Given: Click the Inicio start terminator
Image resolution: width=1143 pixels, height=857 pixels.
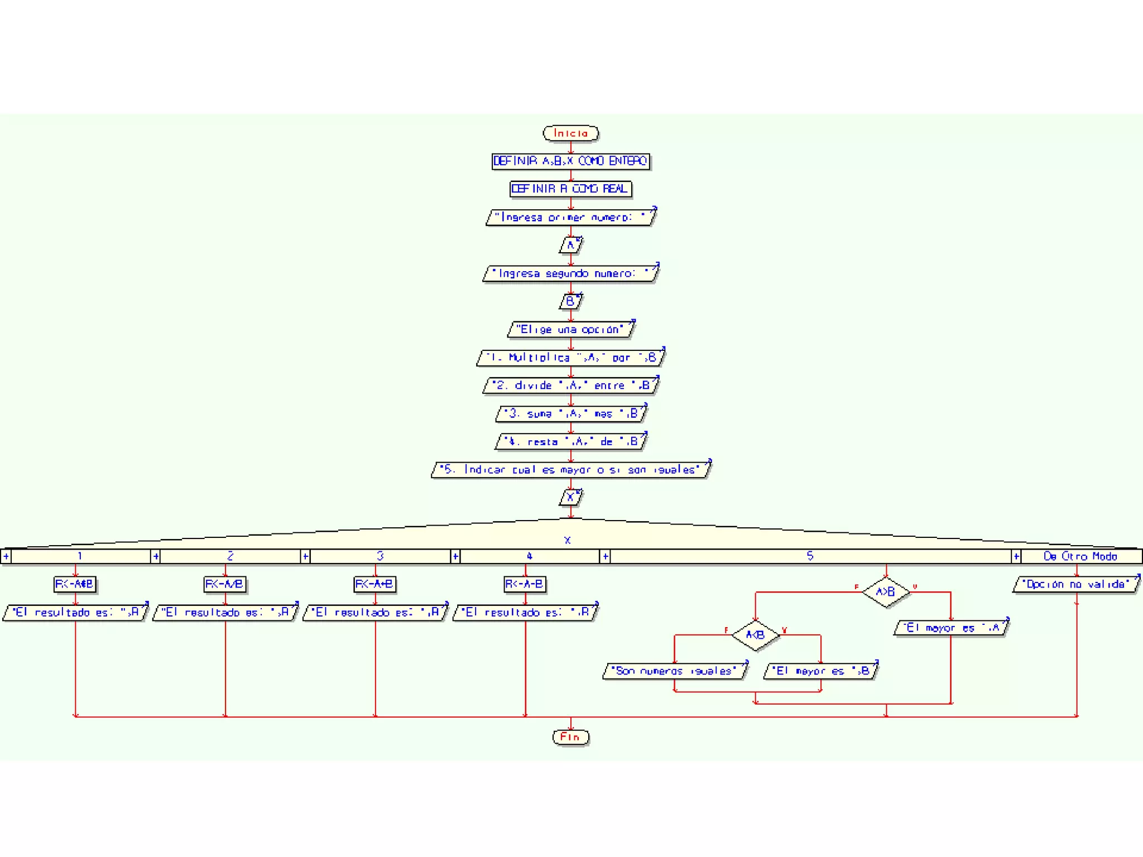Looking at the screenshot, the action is coord(570,133).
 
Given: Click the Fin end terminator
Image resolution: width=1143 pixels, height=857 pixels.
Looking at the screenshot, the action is coord(570,737).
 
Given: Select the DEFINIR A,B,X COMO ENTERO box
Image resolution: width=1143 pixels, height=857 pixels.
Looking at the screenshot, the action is coord(570,161).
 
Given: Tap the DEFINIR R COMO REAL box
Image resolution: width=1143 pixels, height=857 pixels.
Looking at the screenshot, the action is coord(570,189).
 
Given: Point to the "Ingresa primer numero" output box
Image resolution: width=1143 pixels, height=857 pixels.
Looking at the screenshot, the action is coord(570,217).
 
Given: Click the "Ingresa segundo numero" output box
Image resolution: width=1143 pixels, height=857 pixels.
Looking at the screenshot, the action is coord(570,273).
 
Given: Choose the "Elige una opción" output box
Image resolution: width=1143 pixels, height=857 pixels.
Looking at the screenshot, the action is coord(570,330).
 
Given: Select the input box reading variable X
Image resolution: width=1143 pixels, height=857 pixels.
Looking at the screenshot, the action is coord(570,497).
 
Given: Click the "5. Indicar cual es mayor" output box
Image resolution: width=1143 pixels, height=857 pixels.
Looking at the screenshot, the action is coord(570,470).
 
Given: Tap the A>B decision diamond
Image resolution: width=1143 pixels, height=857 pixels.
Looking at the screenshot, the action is coord(886,592).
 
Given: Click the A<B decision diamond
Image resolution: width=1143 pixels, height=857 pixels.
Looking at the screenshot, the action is coord(755,635).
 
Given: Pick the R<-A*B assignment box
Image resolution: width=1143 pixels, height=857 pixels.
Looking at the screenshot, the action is coord(75,584).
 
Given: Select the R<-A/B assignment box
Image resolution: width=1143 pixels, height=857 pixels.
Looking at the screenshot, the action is coord(225,584).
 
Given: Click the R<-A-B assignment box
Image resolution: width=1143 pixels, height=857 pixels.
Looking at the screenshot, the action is coord(525,584).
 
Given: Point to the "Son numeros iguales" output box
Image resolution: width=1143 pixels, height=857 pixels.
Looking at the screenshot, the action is coord(675,671).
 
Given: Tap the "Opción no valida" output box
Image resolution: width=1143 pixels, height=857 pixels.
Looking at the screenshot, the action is coord(1076,584).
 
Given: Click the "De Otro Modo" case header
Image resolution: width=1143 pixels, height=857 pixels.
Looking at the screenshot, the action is coord(1080,556).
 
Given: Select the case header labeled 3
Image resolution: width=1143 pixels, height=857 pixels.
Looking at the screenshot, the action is coord(380,556).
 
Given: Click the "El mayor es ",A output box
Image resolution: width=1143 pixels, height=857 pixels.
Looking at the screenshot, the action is coord(951,628).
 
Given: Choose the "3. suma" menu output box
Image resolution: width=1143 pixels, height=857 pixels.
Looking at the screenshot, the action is coord(570,413).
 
